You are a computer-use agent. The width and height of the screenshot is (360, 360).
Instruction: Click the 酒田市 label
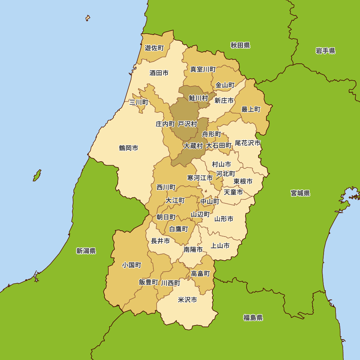(159, 73)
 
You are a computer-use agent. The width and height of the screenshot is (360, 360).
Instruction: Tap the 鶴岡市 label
(129, 148)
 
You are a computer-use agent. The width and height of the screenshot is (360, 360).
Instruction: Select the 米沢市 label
(188, 300)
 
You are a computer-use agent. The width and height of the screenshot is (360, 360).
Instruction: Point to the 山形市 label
(224, 219)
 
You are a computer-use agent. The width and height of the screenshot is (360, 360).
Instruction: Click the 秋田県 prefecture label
(240, 45)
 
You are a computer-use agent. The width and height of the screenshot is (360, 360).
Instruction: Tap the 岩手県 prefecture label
(325, 51)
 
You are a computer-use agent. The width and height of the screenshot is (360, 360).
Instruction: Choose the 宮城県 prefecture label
(300, 193)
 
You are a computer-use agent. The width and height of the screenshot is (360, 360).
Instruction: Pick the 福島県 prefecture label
(253, 318)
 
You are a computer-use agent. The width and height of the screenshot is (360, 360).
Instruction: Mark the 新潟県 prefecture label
(86, 251)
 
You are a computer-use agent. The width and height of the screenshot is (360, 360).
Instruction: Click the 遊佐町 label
(154, 48)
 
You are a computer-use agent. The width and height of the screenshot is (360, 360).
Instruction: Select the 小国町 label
(131, 265)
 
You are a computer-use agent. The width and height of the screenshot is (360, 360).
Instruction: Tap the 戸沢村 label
(188, 124)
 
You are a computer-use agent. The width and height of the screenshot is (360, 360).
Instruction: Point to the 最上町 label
(251, 109)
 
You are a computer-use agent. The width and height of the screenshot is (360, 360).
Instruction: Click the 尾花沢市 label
(247, 143)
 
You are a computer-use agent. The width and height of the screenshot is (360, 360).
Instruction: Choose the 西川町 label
(166, 188)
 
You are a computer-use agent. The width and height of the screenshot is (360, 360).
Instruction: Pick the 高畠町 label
(200, 274)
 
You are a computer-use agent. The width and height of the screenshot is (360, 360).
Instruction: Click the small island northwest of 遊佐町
(87, 18)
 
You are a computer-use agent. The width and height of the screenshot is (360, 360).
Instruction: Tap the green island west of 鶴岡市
(37, 175)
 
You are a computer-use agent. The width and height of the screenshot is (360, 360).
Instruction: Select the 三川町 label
(139, 103)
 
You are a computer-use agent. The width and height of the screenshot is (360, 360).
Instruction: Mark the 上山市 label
(220, 246)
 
